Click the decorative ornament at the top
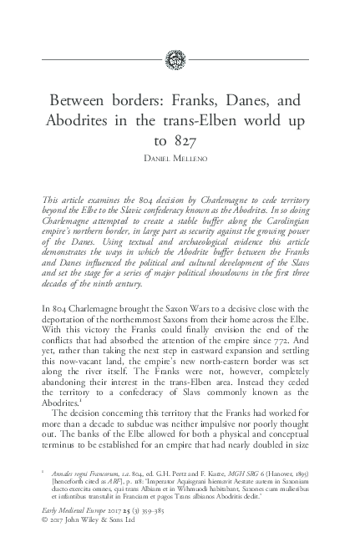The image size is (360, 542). pos(180,59)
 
